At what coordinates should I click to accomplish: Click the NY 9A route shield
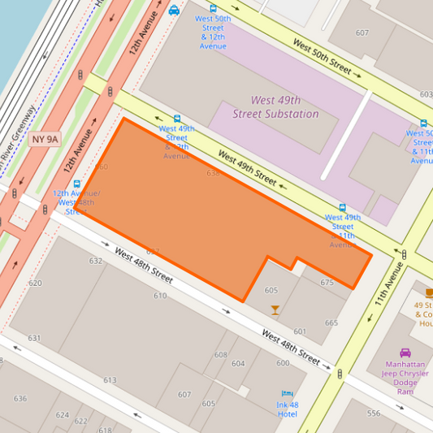[45, 139]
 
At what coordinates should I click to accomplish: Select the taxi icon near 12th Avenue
[174, 11]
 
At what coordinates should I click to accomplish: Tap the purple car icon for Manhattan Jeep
[405, 353]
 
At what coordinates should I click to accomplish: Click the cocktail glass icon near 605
[275, 310]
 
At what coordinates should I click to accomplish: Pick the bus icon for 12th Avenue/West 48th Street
[77, 184]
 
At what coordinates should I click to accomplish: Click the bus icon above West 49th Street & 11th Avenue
[342, 207]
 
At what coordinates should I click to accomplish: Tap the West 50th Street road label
[322, 57]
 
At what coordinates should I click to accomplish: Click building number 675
[327, 283]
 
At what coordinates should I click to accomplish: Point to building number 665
[331, 323]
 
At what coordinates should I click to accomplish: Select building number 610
[160, 296]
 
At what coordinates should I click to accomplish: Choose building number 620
[35, 284]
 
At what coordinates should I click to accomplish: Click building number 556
[373, 414]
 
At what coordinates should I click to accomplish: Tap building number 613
[110, 380]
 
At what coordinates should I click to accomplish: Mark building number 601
[300, 331]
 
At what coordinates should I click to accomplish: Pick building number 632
[96, 261]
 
